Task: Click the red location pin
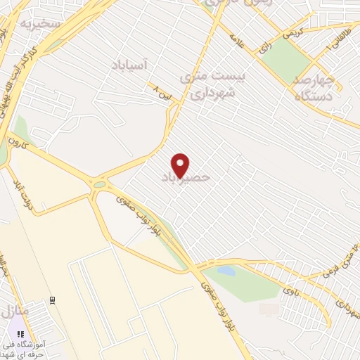tap(181, 165)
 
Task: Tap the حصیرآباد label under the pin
tap(186, 178)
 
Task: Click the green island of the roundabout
tap(100, 185)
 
